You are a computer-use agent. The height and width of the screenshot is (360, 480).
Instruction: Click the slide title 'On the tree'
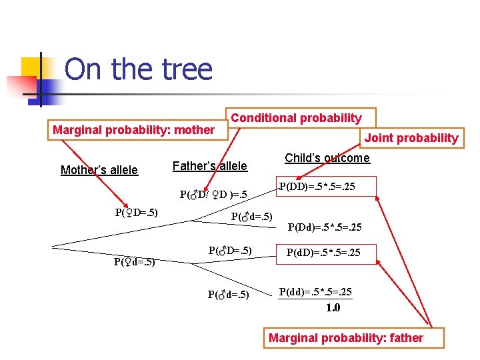pos(139,69)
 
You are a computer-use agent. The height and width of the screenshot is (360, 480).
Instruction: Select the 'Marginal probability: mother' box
pos(133,130)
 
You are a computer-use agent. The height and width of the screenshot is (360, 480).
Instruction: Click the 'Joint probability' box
pos(411,138)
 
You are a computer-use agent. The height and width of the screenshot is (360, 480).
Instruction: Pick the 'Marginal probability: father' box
pos(345,338)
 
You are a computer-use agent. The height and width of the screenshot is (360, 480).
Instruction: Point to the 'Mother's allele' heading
pos(99,170)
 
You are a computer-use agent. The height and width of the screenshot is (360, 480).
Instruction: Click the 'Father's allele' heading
pos(209,166)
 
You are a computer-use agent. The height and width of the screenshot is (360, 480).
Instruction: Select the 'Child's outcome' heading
pos(327,158)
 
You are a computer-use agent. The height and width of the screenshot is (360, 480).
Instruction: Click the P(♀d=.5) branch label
pos(134,261)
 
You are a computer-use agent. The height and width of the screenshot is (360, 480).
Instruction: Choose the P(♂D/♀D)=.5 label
pos(213,195)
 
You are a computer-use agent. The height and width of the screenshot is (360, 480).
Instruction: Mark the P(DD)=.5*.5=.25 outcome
pos(317,187)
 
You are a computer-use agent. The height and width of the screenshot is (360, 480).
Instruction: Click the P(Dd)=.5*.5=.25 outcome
pos(325,227)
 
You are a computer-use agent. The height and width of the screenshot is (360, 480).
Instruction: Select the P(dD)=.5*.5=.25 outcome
pos(323,252)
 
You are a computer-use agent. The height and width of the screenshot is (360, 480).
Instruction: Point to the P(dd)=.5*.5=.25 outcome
pos(315,292)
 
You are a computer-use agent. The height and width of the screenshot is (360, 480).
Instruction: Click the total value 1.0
pos(333,307)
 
